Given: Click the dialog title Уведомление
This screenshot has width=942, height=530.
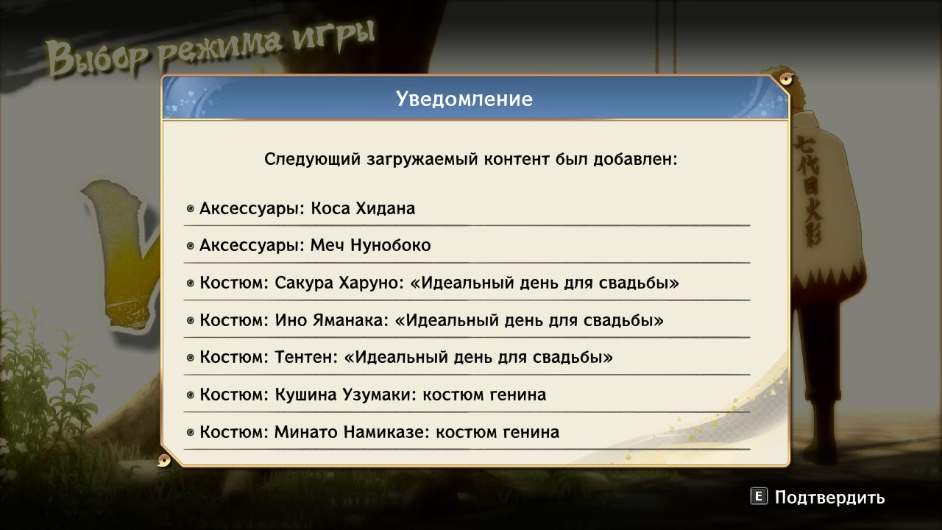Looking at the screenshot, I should [x=464, y=99].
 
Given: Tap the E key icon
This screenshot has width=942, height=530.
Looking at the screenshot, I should [x=759, y=497].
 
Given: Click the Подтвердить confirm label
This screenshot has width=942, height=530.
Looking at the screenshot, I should [x=829, y=498].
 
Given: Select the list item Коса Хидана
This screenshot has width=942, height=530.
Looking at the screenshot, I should [x=307, y=208].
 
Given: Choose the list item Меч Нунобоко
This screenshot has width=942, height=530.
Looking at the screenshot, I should [x=315, y=246].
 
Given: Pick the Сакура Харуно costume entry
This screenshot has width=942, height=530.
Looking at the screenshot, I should [x=439, y=283].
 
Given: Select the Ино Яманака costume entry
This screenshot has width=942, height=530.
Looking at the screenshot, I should [x=431, y=321].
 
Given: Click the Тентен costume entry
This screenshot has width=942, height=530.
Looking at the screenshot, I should [x=406, y=358].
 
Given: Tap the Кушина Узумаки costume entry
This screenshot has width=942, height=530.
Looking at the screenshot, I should [x=372, y=395].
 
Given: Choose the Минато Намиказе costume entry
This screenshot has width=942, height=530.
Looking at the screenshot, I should [x=379, y=432].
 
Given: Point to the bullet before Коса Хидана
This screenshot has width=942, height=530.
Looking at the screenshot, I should [x=191, y=209].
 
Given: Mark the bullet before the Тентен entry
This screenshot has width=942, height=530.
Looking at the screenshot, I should [x=191, y=358].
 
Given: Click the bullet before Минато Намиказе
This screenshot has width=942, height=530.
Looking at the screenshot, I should [x=191, y=433].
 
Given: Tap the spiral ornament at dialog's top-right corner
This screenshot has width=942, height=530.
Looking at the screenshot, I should [x=785, y=78].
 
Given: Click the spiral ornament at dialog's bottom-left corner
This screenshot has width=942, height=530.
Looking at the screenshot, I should [x=165, y=460].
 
